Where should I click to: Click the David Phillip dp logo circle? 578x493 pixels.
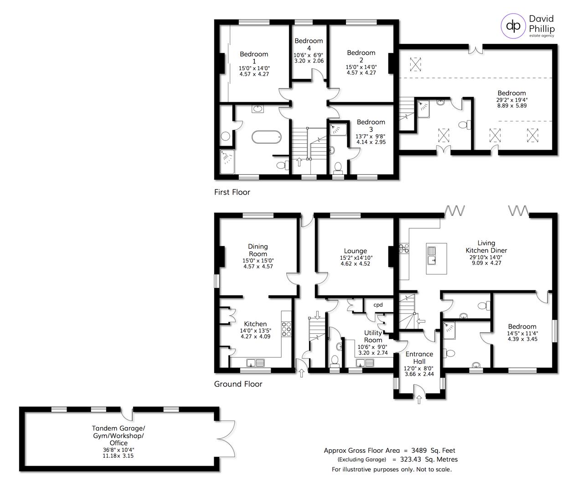514,26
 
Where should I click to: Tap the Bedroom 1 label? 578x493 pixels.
254,58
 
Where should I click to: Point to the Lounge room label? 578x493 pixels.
356,251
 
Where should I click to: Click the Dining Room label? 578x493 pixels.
258,250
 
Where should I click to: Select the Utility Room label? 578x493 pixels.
373,336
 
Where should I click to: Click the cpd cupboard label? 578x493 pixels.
378,305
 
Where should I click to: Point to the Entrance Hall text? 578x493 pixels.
419,357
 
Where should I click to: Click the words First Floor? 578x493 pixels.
232,192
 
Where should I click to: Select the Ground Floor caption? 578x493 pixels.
238,384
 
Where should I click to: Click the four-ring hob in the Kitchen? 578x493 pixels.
286,329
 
